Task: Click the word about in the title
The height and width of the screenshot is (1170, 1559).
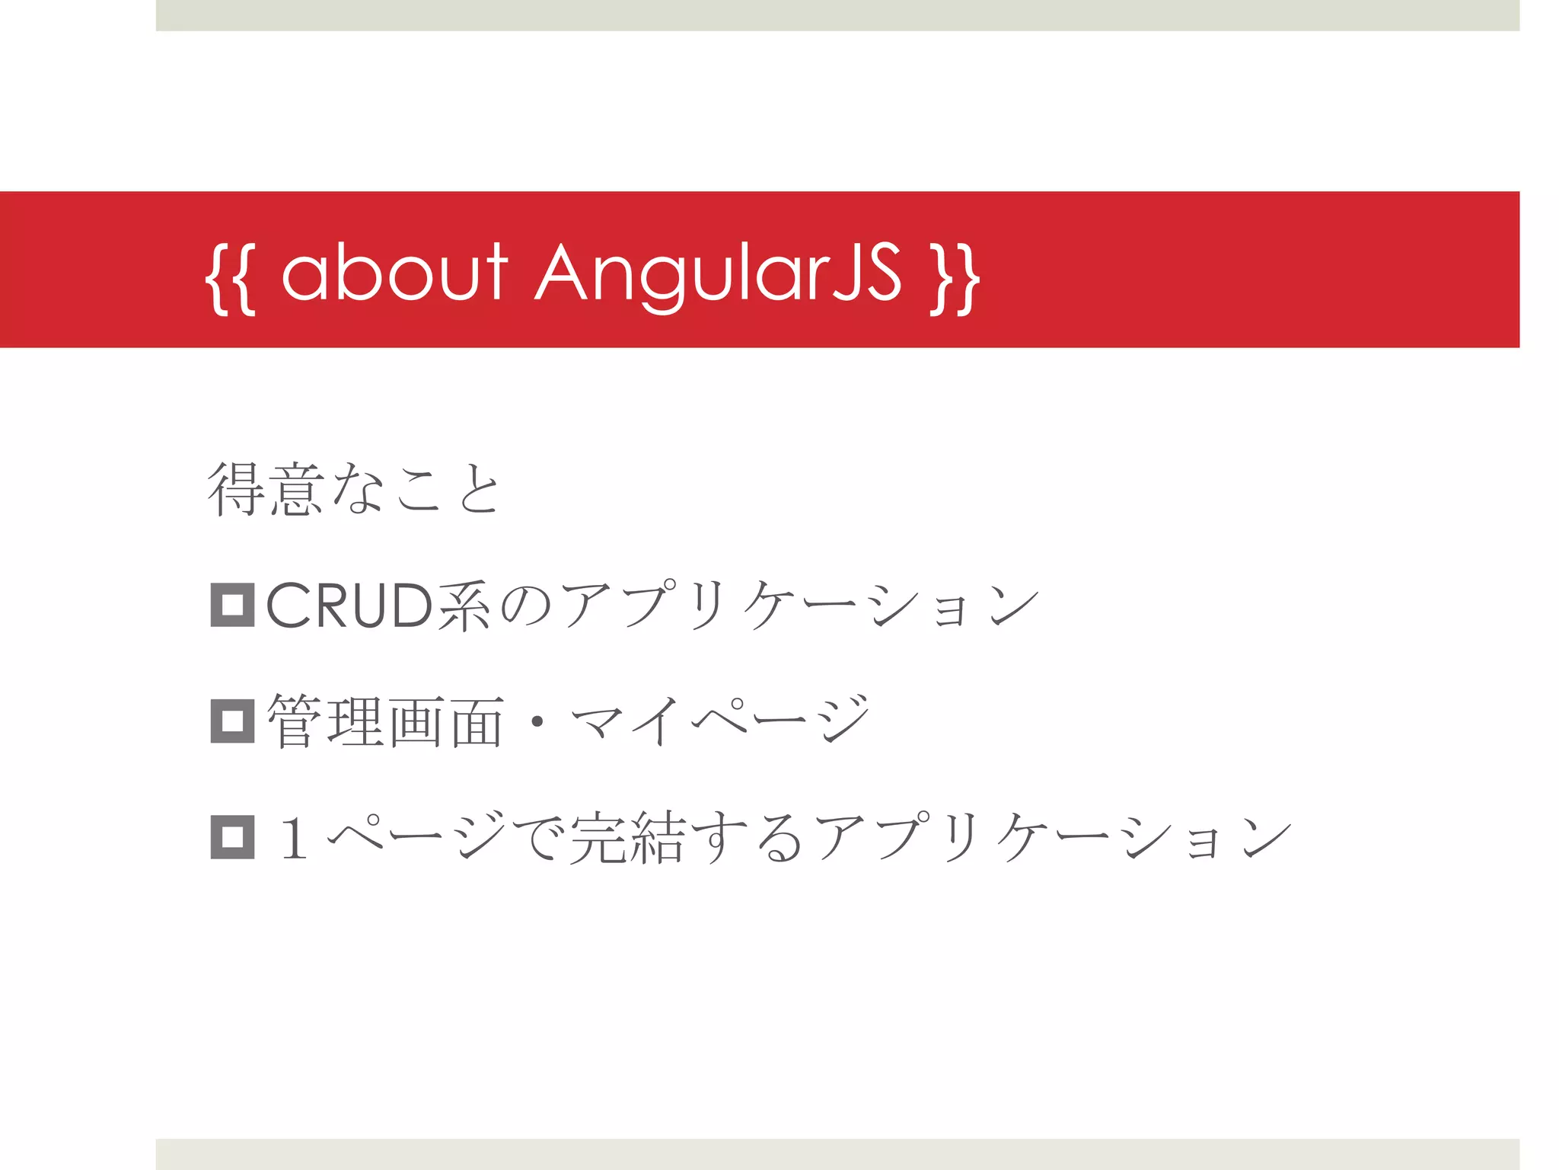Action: pos(394,272)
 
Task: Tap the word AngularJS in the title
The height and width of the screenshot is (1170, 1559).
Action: pos(719,274)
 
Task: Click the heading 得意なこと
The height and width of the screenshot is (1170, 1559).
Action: pos(354,490)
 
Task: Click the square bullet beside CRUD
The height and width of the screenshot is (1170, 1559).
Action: pos(232,606)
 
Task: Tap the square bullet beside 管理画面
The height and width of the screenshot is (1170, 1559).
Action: pos(232,721)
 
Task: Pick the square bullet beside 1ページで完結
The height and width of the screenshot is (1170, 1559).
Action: pos(232,836)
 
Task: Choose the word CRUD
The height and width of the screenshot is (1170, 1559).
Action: pos(349,606)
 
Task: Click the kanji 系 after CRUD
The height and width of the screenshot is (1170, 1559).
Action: pos(464,606)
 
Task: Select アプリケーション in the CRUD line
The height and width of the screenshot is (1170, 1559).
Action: pos(799,606)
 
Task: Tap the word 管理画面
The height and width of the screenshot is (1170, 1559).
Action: pos(385,721)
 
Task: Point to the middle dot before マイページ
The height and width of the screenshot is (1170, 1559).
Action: pos(537,721)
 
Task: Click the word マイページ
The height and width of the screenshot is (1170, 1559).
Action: pos(719,721)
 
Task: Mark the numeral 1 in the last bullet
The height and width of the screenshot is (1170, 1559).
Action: pos(294,837)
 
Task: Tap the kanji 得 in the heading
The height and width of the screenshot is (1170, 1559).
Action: pos(237,490)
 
